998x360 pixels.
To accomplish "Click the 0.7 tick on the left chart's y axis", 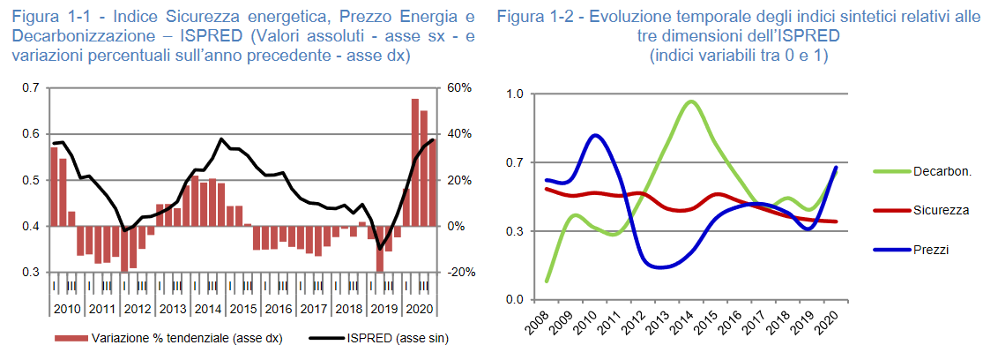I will (x=31, y=88).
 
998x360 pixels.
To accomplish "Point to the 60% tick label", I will (x=460, y=88).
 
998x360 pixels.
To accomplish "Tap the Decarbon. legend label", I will (x=942, y=171).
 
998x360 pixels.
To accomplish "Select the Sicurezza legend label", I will (x=942, y=210).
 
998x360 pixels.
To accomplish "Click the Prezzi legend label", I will (x=932, y=250).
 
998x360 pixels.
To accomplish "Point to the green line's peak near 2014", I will (x=690, y=101).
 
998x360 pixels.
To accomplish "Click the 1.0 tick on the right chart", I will (x=515, y=94).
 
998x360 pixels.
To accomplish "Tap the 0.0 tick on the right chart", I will (x=515, y=300).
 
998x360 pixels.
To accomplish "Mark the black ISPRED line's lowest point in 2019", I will (x=380, y=249).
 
